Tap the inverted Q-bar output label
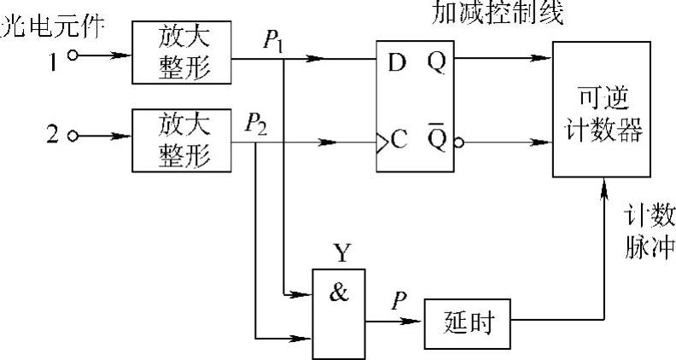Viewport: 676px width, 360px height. (x=436, y=136)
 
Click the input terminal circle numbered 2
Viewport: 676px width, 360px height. (x=73, y=136)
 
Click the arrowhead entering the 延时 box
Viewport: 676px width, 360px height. (x=417, y=322)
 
